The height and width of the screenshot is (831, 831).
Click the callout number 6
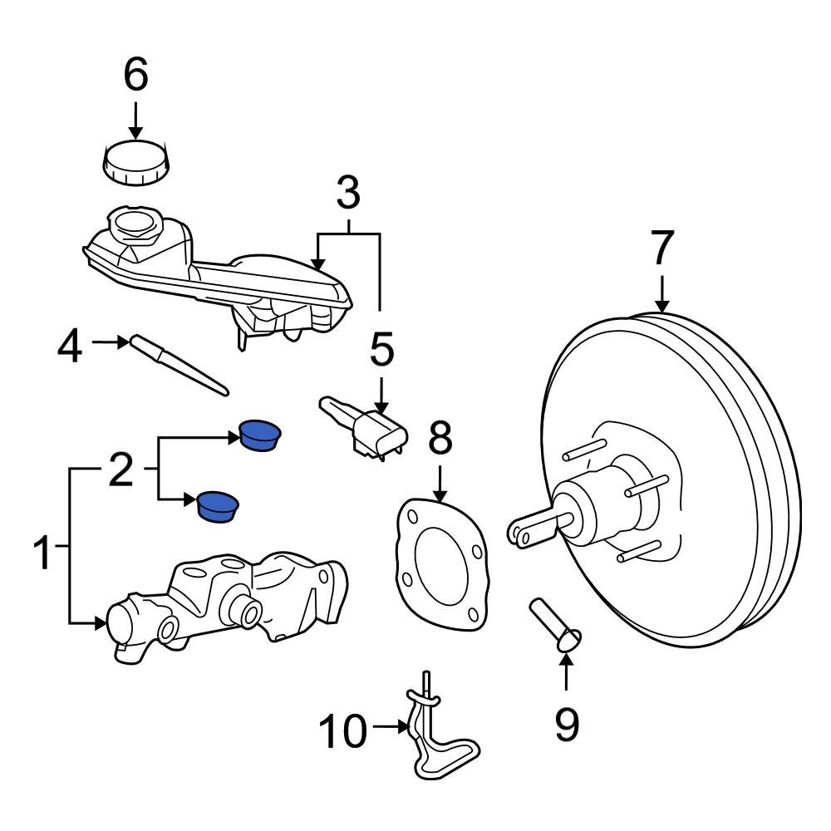tap(135, 75)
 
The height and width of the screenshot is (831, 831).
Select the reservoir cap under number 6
tap(136, 165)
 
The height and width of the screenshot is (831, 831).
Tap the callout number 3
tap(348, 194)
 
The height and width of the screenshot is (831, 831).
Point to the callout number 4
tap(70, 347)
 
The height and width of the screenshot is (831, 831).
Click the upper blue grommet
tap(260, 435)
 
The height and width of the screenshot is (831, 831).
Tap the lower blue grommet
tap(218, 506)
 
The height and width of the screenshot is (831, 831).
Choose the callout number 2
tap(120, 471)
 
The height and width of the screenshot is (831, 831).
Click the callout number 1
tap(43, 554)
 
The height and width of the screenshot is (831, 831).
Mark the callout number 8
tap(440, 440)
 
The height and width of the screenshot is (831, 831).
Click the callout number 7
tap(661, 248)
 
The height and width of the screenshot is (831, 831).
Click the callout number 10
tap(342, 731)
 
